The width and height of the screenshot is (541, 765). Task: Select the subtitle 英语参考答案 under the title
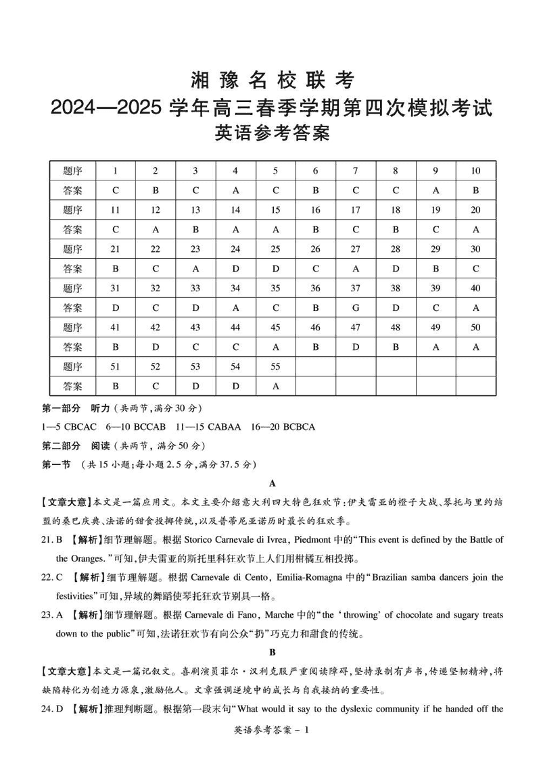click(x=271, y=134)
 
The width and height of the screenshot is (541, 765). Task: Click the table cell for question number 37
click(x=356, y=289)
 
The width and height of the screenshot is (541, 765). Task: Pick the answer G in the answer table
click(x=356, y=308)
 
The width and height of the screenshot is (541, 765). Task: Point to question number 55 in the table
click(x=275, y=367)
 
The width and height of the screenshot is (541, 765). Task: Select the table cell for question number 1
click(x=116, y=171)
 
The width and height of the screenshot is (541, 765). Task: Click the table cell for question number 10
click(x=475, y=171)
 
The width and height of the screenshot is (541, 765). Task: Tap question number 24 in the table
click(x=235, y=249)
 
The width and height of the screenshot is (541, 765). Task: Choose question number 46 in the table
click(x=316, y=328)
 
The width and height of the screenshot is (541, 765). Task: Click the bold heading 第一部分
click(x=61, y=409)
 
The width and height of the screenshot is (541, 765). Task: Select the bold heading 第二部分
click(x=61, y=446)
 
